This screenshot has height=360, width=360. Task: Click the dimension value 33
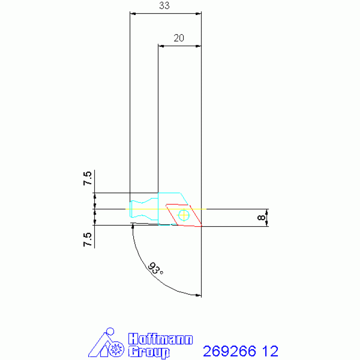(x=164, y=6)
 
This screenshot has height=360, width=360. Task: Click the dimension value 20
(x=179, y=38)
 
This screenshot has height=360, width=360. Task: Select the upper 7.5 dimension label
(x=87, y=178)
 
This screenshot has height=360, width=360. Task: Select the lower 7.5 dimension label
(x=87, y=240)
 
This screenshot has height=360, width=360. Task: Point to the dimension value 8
(x=261, y=217)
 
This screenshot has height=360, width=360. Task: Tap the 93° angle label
(x=155, y=268)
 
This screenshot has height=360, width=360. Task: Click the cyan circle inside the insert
(x=184, y=215)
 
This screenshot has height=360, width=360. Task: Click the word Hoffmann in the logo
(x=160, y=339)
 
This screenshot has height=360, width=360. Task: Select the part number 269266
(x=230, y=351)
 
